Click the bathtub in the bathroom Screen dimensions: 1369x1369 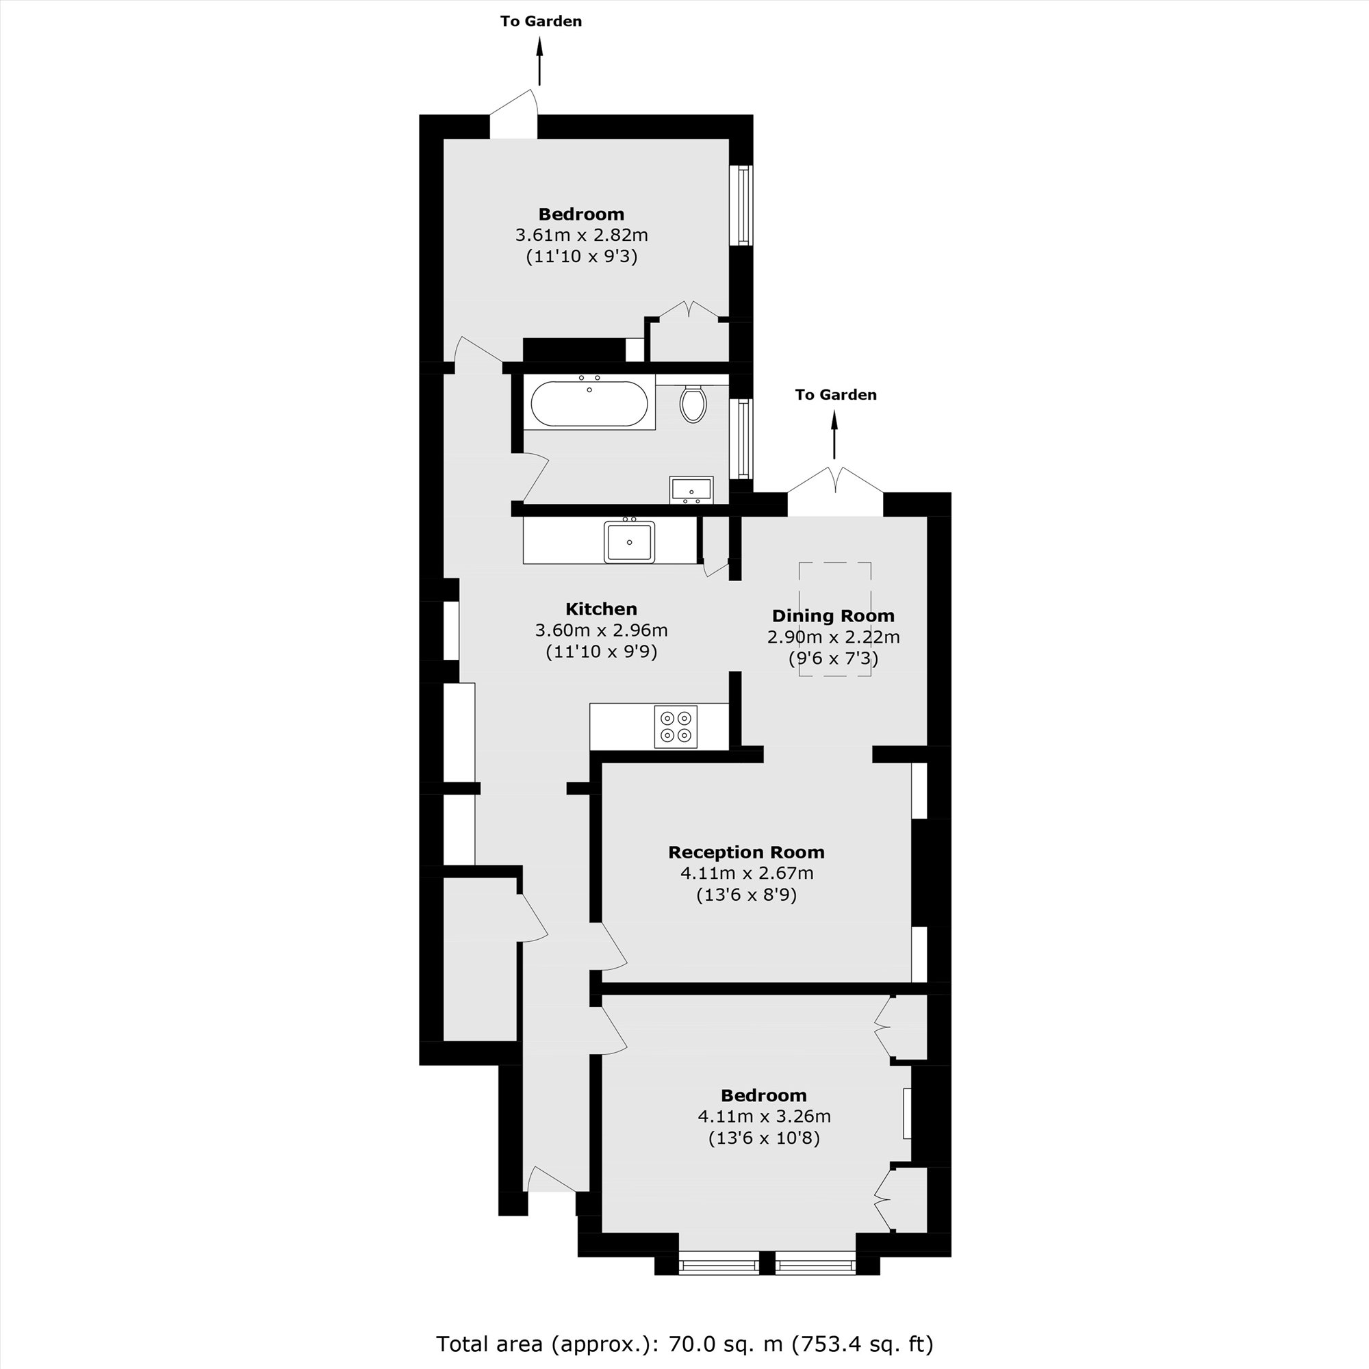(589, 405)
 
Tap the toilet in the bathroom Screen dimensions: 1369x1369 (693, 404)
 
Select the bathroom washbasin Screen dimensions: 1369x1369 (691, 489)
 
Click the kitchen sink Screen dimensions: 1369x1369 (629, 542)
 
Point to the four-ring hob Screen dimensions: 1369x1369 (676, 727)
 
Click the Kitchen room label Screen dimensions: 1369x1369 (601, 609)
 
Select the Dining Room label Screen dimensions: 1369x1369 (832, 616)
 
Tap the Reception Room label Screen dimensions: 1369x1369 (746, 852)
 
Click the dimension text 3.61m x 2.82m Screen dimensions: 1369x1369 (581, 235)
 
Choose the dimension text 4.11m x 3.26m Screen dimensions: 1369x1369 (764, 1116)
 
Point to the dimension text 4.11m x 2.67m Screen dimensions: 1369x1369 (746, 873)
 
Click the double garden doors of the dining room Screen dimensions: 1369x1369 (835, 485)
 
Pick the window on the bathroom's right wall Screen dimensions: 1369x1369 (743, 438)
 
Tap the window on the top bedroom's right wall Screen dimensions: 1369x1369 (743, 205)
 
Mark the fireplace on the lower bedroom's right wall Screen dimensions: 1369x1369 (906, 1114)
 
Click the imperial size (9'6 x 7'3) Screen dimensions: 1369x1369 (833, 658)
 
